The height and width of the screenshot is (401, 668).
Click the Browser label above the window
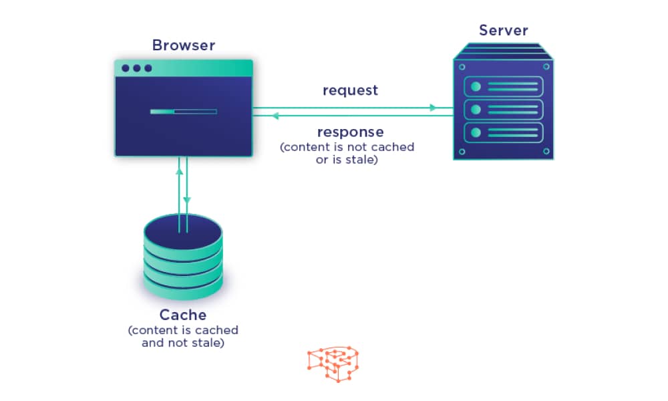pos(184,45)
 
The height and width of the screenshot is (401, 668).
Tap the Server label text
pos(503,31)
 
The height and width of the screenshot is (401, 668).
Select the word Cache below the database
pos(182,315)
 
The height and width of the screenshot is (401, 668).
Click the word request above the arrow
pos(350,90)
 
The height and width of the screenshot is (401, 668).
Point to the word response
pos(350,132)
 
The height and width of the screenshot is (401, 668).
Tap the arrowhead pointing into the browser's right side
pos(274,116)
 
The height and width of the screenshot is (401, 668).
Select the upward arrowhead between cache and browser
pos(179,170)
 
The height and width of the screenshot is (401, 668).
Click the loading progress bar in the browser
pos(183,112)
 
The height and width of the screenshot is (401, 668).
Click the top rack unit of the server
pos(503,86)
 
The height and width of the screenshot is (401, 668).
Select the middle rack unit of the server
pos(503,109)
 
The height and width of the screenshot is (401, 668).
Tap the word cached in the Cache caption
pos(218,330)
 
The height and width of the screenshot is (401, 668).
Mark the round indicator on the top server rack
pos(476,86)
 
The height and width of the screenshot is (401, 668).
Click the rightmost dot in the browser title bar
pos(148,68)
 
